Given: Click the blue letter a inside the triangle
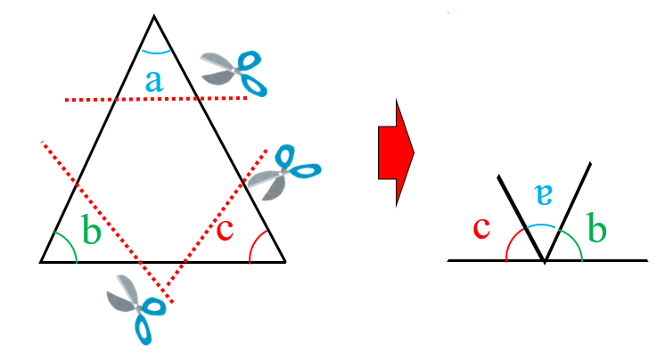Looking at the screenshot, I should pos(154,82).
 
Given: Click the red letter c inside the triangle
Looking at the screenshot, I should pos(226,230).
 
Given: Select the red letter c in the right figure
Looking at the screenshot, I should pos(482,227).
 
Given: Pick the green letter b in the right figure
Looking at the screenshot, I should pos(597,229).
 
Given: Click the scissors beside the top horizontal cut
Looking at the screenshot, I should pos(235,72).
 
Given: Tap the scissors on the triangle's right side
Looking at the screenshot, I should pos(284,170).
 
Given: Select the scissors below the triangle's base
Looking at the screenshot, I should pos(136,307).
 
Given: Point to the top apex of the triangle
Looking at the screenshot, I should pos(154,16).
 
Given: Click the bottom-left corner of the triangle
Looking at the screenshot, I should pos(41,262).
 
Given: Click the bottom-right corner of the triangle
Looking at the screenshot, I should pos(285,262).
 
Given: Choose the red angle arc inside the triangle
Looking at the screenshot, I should pos(253,244).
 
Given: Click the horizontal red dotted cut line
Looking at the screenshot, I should pos(156,98).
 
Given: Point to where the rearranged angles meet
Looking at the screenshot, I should pos(545,262).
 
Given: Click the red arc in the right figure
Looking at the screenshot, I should pos(511,241).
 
